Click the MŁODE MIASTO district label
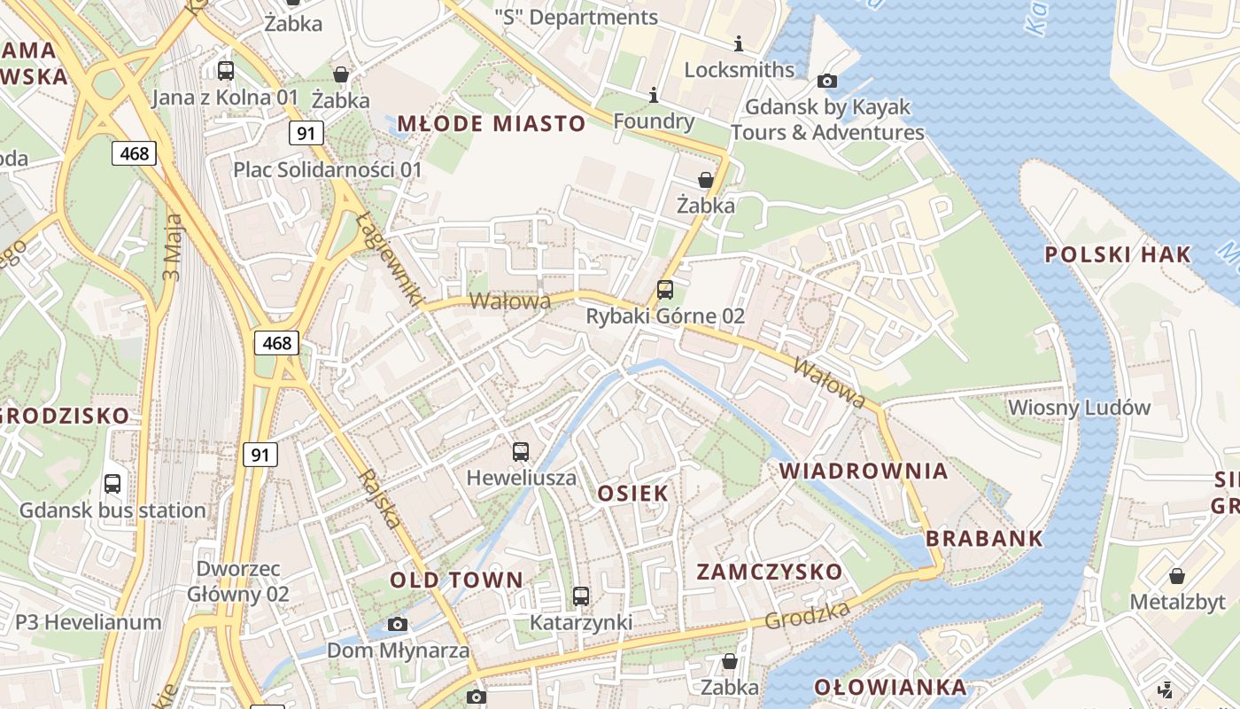(x=491, y=123)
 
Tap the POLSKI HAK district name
(x=1118, y=255)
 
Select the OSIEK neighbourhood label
(x=632, y=494)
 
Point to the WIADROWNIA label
(x=864, y=471)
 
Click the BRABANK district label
(x=984, y=539)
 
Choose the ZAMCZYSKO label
(x=769, y=572)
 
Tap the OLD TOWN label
(x=456, y=580)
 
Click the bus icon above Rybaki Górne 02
(x=664, y=290)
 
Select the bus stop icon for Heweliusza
(x=521, y=452)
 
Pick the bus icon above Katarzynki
(x=581, y=596)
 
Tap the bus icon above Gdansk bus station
(x=112, y=484)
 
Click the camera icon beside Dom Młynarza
(x=398, y=625)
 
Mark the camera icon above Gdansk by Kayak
(x=827, y=82)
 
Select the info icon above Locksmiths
(x=739, y=43)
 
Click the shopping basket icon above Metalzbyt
(x=1177, y=576)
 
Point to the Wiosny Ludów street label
(x=1079, y=409)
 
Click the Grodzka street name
(x=807, y=613)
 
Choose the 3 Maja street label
(x=172, y=247)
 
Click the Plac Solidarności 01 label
(x=328, y=169)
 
